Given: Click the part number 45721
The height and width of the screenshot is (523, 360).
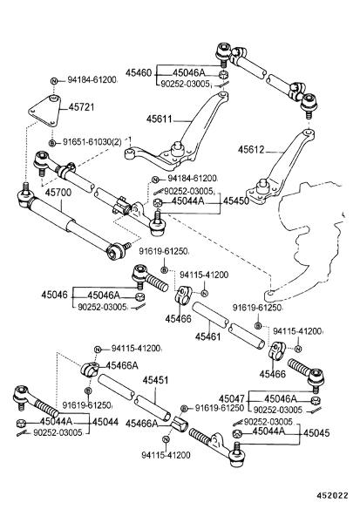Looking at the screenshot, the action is (x=82, y=107).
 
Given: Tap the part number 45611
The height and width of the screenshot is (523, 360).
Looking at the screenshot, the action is (x=160, y=119).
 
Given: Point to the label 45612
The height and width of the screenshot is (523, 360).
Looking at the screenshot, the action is (x=250, y=150).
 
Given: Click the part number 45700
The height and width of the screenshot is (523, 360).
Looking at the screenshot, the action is (x=58, y=193).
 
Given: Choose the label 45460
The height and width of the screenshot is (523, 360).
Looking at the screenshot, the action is (x=139, y=72).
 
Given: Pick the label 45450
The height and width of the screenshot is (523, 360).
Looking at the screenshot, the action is (x=236, y=200).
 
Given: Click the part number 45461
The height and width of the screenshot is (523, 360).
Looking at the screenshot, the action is (x=207, y=336).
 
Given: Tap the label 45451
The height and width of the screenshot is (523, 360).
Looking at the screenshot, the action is (x=155, y=380).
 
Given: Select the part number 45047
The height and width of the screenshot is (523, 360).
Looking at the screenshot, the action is (x=232, y=399).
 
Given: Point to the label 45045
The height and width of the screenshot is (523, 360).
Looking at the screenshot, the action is (x=316, y=433).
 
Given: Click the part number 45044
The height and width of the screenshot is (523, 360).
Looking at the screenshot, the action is (x=105, y=422).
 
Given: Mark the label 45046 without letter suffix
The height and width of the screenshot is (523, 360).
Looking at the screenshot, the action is (x=54, y=295).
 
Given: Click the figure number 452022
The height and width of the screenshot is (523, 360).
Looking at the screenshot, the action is (x=332, y=496).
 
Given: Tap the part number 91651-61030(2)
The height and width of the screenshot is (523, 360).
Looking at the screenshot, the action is (x=92, y=142).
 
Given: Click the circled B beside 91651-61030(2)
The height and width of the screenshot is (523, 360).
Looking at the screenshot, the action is (x=52, y=143).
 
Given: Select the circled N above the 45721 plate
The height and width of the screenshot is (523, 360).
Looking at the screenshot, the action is (x=53, y=81).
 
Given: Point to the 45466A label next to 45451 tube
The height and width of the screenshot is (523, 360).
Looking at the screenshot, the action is (x=141, y=424).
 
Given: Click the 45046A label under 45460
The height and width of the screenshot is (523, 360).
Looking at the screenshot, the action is (x=188, y=73).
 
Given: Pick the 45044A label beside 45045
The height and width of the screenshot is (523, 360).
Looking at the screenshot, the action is (x=268, y=431).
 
